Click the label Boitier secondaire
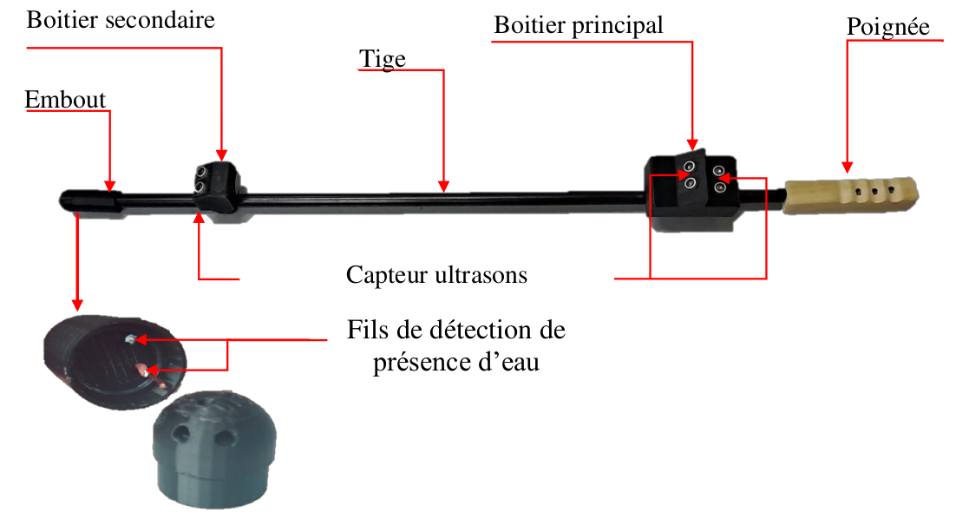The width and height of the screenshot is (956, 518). (121, 20)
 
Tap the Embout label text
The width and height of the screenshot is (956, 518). (65, 100)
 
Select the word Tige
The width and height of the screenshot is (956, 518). (382, 57)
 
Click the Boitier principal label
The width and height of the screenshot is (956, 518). (578, 25)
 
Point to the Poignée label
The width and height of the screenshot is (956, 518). (887, 27)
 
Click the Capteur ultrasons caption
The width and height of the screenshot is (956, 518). (436, 275)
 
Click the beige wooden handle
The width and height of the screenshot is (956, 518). (850, 194)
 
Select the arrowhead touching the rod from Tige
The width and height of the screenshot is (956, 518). (443, 185)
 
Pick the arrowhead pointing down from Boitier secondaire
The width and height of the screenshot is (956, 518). (221, 154)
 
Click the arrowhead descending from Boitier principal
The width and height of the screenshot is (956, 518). (692, 144)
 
